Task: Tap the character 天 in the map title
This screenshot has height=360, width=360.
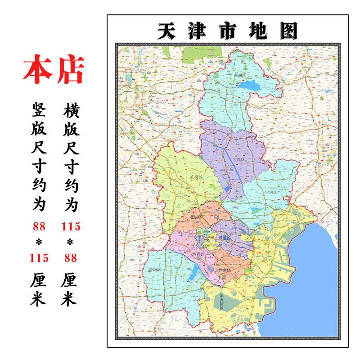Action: (166, 31)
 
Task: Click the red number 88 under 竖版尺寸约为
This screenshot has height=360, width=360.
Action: (39, 226)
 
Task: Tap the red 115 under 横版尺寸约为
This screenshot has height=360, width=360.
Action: (71, 226)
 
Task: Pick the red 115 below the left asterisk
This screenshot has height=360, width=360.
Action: (39, 258)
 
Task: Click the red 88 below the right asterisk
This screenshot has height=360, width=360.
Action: (71, 258)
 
